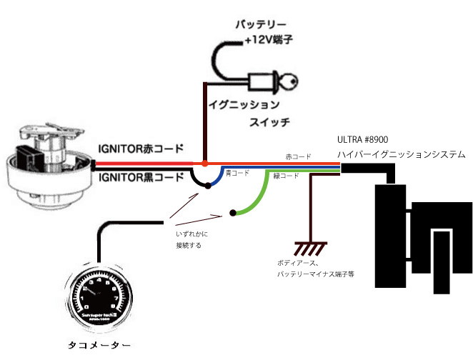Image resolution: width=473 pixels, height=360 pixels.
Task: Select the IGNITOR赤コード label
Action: click(x=141, y=150)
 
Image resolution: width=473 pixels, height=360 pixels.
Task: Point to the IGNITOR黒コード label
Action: click(x=141, y=176)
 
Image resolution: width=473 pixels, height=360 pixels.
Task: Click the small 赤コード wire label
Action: click(x=298, y=156)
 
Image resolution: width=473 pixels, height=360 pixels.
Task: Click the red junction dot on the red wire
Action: click(x=205, y=163)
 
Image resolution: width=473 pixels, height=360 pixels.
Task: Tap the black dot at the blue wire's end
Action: click(x=207, y=186)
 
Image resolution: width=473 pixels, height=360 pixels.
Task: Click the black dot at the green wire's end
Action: click(x=233, y=213)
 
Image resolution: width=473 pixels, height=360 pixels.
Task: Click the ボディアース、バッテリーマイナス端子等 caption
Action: click(x=316, y=268)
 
